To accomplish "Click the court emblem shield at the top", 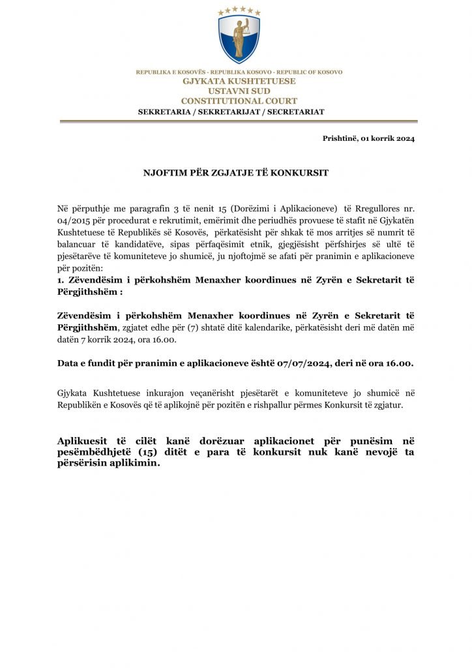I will click(x=239, y=40).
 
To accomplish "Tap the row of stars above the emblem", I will click(x=239, y=11).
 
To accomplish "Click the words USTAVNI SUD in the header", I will click(x=239, y=91).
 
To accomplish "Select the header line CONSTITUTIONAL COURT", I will click(x=239, y=100).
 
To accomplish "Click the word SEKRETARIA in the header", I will click(x=162, y=112).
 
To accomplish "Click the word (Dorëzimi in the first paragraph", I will click(x=263, y=208).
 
